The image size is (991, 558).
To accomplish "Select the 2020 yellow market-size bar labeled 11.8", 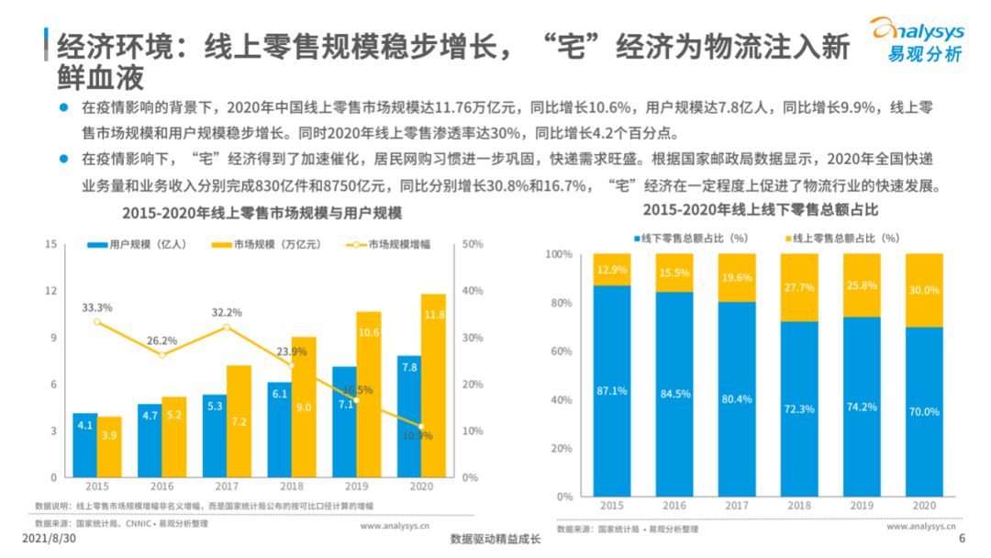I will [x=433, y=385].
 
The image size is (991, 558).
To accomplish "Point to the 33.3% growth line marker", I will [x=97, y=322].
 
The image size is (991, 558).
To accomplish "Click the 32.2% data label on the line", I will [x=227, y=312].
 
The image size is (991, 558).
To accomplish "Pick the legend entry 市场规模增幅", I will [x=392, y=245].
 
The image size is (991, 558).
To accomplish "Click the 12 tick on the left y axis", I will [x=51, y=291].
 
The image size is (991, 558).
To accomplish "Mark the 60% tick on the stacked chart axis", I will [x=559, y=352].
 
